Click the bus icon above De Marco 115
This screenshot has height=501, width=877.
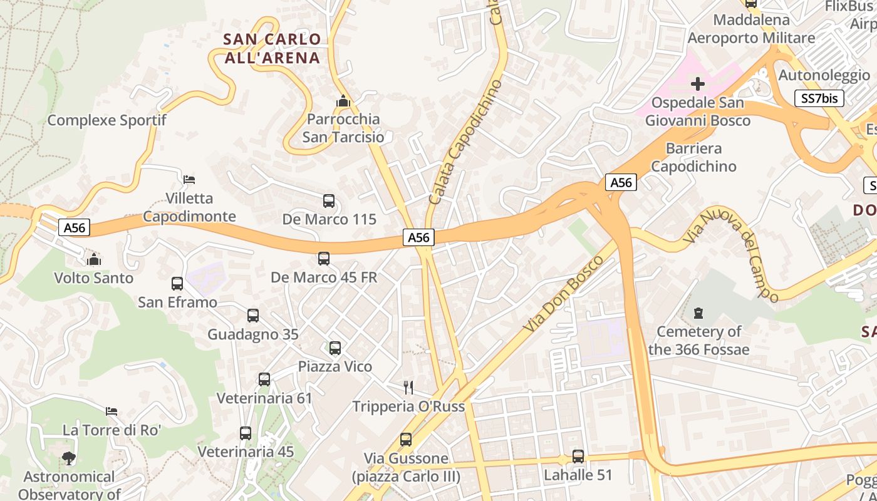click(x=329, y=201)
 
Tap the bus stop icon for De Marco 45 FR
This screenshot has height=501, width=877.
click(x=324, y=259)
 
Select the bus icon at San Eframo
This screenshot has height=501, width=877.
click(x=177, y=284)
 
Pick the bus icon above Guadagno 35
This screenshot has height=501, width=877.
click(x=253, y=316)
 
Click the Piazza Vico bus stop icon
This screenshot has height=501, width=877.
click(x=335, y=348)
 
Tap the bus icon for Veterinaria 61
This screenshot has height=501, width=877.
click(x=264, y=380)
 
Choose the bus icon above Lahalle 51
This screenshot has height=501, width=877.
click(x=578, y=457)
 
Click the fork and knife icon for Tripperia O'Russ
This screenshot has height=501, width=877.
click(x=408, y=388)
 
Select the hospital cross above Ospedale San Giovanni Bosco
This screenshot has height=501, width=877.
click(x=698, y=84)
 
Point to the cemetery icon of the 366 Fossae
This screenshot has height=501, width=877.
click(x=698, y=312)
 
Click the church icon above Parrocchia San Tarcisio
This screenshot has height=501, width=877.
click(x=343, y=101)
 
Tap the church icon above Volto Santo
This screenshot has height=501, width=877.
click(x=94, y=259)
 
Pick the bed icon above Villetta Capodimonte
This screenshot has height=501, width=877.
click(x=189, y=180)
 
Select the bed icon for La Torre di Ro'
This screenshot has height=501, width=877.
click(x=112, y=411)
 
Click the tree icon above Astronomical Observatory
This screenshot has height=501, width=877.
click(x=69, y=458)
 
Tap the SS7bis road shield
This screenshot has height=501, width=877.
click(x=819, y=98)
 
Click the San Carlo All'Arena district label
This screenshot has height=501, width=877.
click(x=272, y=48)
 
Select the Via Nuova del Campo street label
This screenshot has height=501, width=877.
click(x=730, y=254)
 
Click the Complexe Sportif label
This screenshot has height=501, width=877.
click(x=107, y=120)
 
